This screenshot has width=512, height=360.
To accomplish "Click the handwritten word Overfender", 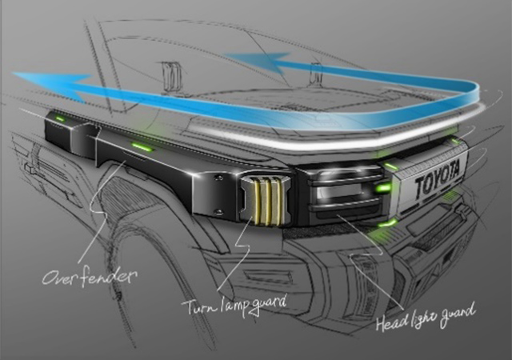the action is coord(89,277).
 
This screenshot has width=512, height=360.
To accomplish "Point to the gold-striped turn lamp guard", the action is coord(265,202).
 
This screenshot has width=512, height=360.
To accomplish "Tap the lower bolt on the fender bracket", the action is coord(218,213).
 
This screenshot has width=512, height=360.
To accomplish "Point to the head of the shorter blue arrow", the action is coord(258,62).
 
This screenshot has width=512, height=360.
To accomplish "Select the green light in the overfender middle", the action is coord(142,146).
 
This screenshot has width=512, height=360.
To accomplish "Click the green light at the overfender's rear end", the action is coord(60,118).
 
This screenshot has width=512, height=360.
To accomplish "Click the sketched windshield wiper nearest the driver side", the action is coord(172,77).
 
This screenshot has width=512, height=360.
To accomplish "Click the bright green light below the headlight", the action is coord(388,224).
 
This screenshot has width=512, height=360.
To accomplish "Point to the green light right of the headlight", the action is coord(383,188).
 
